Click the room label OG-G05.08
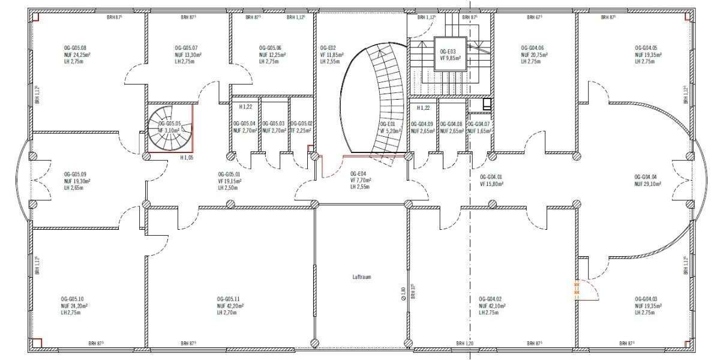tap(75, 47)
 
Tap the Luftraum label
tap(363, 277)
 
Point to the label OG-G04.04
tap(646, 177)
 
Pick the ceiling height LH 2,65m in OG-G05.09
tap(76, 188)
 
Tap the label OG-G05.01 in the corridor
tap(230, 174)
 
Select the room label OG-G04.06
tap(533, 47)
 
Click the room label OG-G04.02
tap(490, 299)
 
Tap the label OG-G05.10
tap(72, 299)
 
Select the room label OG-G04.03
tap(646, 299)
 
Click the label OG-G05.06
tap(270, 47)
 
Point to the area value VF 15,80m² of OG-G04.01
tap(491, 184)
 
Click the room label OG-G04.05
tap(646, 47)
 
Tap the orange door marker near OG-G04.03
tap(577, 291)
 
